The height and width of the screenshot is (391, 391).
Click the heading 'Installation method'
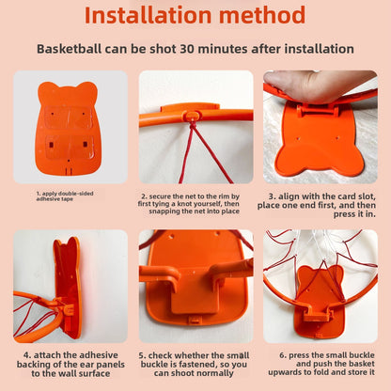(195, 16)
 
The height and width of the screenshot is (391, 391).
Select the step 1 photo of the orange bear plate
(68, 125)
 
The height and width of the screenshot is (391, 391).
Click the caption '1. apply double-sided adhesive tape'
(66, 196)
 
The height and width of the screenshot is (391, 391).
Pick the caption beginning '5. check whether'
(195, 366)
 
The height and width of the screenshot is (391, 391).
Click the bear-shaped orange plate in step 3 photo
(324, 141)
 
